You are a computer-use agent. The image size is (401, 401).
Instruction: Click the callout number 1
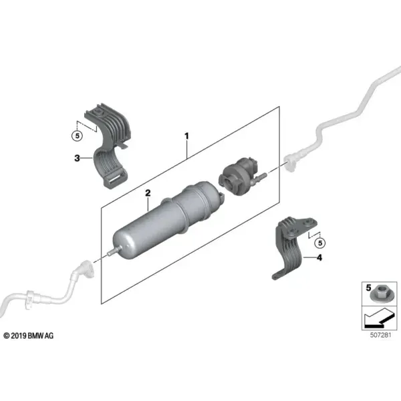click(x=187, y=136)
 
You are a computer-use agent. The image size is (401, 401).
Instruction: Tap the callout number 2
click(x=148, y=193)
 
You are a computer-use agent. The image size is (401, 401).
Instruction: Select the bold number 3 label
click(x=77, y=158)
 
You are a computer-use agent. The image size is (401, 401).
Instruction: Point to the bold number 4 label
click(x=319, y=257)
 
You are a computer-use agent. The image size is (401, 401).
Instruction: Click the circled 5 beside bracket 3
click(x=78, y=135)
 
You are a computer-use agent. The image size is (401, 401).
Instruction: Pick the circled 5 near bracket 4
click(x=320, y=243)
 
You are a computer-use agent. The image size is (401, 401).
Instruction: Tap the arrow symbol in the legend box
click(x=378, y=317)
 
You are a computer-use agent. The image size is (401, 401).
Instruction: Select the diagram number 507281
click(x=381, y=335)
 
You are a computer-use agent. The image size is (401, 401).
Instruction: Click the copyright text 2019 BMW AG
click(x=29, y=336)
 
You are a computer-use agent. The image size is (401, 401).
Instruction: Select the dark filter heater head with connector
click(x=239, y=176)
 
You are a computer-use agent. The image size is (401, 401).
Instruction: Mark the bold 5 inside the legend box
click(x=368, y=288)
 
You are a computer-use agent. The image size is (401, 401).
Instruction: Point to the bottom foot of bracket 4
click(x=278, y=275)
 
